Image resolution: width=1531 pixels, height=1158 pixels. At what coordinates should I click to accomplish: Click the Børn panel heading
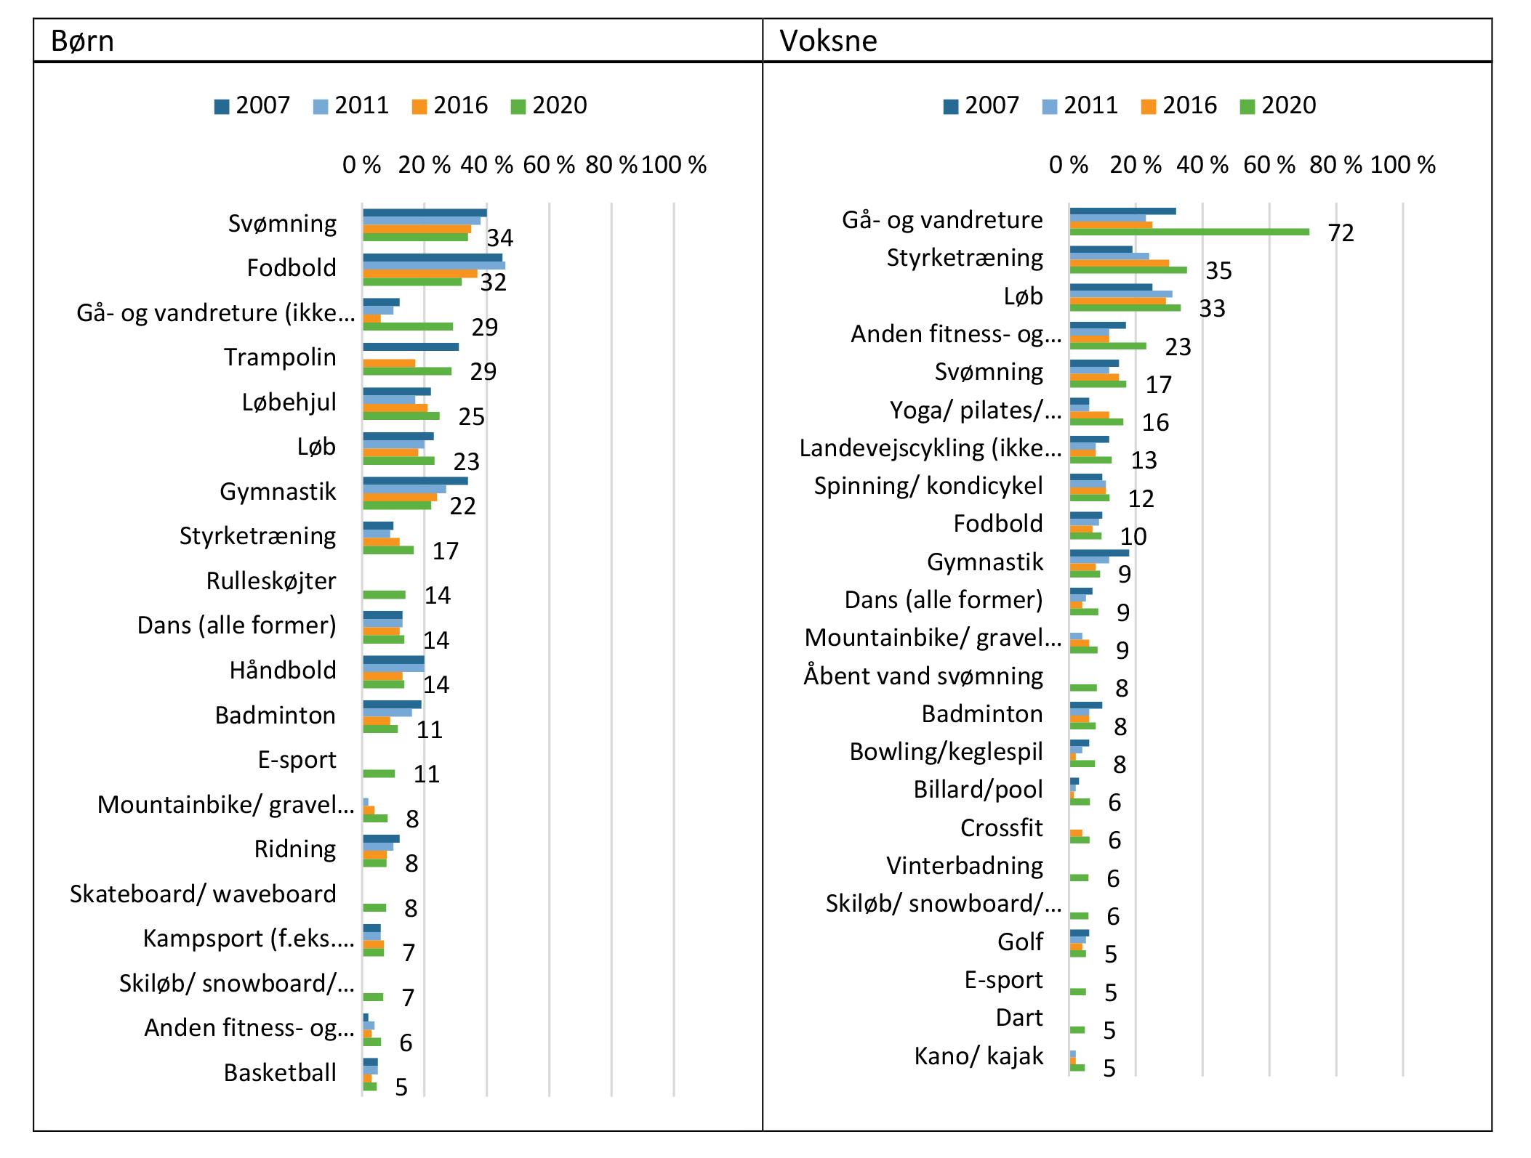click(82, 41)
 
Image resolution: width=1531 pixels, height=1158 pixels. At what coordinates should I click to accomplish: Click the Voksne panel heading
click(828, 41)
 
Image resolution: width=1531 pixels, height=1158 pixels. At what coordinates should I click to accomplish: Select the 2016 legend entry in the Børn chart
click(450, 105)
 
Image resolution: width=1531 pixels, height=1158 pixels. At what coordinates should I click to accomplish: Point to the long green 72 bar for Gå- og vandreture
click(1189, 232)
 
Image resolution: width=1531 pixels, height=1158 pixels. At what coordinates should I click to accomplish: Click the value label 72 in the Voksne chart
click(1341, 233)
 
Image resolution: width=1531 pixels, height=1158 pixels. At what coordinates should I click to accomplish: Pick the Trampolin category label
click(280, 357)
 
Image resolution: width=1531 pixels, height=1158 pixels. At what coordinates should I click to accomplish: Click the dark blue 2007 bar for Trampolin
click(411, 347)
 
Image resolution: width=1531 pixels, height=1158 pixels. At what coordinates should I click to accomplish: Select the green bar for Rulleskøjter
click(384, 595)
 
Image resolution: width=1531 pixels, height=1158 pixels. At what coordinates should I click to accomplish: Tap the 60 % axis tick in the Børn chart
click(549, 165)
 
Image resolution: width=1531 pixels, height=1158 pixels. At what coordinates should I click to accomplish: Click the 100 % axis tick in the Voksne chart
click(1402, 165)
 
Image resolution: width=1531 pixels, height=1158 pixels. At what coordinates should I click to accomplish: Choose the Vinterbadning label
click(964, 865)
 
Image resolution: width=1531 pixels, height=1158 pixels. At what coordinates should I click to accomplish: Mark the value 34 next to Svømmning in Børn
click(499, 238)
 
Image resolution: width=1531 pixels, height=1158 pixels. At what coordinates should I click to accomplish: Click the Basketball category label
click(280, 1072)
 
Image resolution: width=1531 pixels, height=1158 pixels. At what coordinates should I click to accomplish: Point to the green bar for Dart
click(1077, 1029)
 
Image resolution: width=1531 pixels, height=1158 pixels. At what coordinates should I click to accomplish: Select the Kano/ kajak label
click(979, 1055)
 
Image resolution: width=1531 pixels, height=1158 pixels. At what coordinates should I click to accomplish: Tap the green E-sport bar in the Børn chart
click(379, 774)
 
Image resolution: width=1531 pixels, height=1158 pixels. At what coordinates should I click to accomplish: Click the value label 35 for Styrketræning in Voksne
click(1218, 271)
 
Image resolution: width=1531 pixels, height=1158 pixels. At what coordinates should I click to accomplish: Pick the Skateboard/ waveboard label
click(203, 894)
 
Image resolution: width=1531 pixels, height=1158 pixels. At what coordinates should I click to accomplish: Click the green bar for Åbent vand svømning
click(1083, 687)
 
